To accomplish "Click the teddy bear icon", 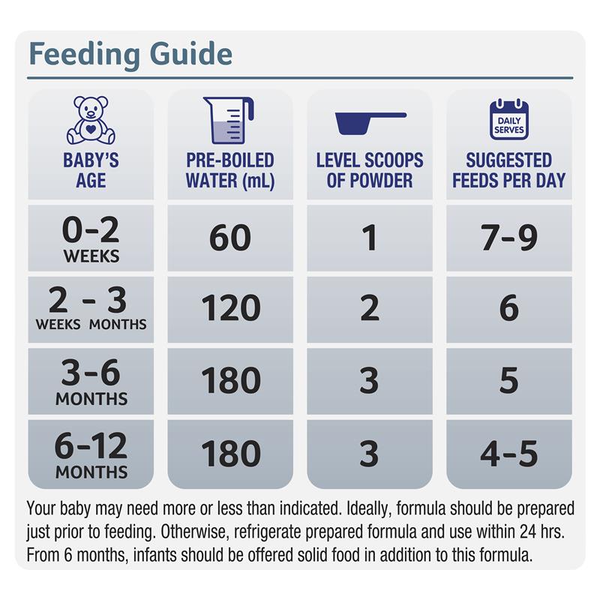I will (x=91, y=120).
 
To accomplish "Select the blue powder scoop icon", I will (x=370, y=121).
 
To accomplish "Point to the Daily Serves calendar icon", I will (x=508, y=120).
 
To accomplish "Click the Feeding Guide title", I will (x=130, y=54).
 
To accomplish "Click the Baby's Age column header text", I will (x=91, y=170).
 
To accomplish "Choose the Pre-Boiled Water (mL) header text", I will (x=229, y=170).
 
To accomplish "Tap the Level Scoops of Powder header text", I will (x=370, y=170).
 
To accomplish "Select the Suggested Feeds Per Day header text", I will (x=508, y=170).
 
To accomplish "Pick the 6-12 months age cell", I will (x=91, y=455).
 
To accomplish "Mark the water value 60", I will (x=229, y=238).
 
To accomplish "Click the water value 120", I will (x=229, y=309).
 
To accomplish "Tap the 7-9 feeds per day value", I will (x=508, y=238).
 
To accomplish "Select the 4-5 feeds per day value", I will (x=508, y=454).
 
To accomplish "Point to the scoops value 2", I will (x=369, y=309).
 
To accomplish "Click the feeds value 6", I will (x=508, y=309).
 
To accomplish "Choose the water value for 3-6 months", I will (x=229, y=382).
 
